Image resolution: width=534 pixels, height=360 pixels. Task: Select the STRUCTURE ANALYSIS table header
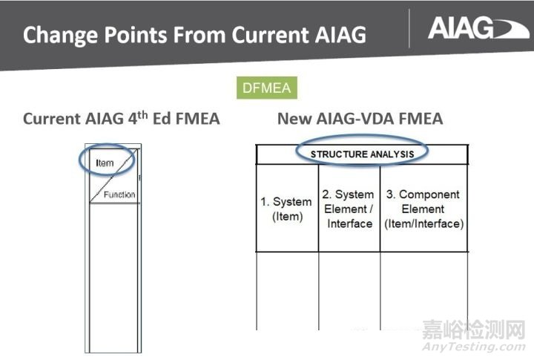pyautogui.click(x=360, y=154)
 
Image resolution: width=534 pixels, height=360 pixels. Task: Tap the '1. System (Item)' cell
pyautogui.click(x=286, y=209)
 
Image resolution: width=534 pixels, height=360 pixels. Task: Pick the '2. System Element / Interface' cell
pyautogui.click(x=349, y=209)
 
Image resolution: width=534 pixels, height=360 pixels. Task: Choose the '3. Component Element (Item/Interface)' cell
pyautogui.click(x=423, y=209)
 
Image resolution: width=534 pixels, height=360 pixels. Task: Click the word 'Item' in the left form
pyautogui.click(x=105, y=162)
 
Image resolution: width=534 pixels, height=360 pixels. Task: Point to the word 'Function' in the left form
pyautogui.click(x=119, y=194)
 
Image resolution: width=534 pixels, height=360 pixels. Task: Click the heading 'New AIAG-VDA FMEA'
pyautogui.click(x=360, y=118)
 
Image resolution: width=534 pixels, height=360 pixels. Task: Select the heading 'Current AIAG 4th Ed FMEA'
pyautogui.click(x=121, y=118)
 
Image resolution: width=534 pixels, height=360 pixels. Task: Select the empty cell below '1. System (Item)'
pyautogui.click(x=286, y=289)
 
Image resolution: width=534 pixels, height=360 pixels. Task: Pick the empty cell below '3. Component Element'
pyautogui.click(x=423, y=289)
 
